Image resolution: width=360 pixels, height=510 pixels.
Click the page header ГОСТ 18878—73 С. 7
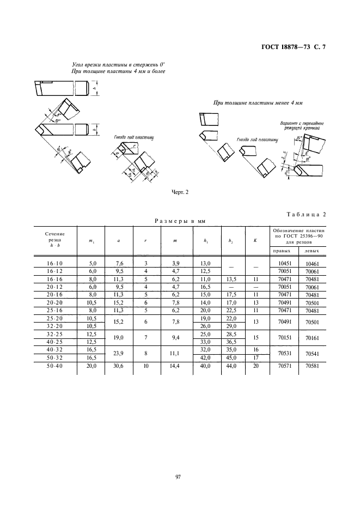(292, 47)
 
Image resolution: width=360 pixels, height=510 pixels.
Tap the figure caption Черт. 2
(179, 191)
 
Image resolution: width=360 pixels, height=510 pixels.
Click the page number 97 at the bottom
(178, 477)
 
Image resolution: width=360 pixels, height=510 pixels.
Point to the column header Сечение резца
(54, 239)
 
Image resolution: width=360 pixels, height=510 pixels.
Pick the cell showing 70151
(283, 338)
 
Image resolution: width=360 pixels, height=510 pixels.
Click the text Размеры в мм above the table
(179, 221)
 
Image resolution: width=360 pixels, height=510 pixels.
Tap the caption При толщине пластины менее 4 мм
(258, 102)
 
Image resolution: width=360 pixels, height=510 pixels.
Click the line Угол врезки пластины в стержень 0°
(118, 64)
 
